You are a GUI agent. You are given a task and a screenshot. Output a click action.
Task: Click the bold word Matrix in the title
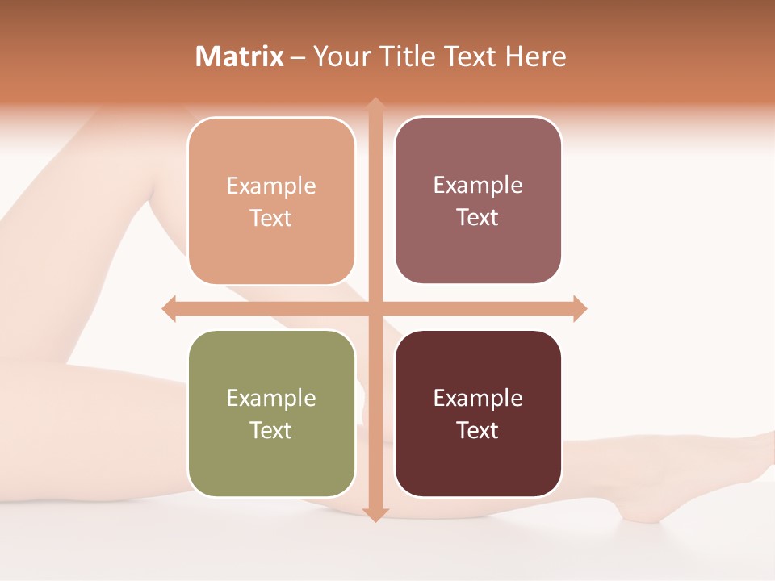click(x=240, y=56)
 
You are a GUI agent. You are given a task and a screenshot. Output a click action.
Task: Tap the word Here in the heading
click(x=535, y=56)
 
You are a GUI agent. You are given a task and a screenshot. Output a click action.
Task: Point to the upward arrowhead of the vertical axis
click(x=375, y=105)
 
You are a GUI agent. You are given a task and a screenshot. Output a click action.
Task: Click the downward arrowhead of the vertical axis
click(x=375, y=514)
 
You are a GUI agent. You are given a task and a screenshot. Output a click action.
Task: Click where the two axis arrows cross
click(x=375, y=308)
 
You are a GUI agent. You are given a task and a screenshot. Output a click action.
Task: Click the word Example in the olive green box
click(x=271, y=398)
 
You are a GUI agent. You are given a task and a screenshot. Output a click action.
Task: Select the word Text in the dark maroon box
click(x=478, y=430)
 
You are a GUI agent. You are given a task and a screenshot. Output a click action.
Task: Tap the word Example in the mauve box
click(x=478, y=186)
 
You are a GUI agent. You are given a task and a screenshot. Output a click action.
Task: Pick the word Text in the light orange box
click(x=271, y=219)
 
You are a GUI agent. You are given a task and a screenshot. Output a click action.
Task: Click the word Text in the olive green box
click(x=271, y=430)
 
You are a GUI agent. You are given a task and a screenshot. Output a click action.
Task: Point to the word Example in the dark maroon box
click(x=478, y=398)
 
